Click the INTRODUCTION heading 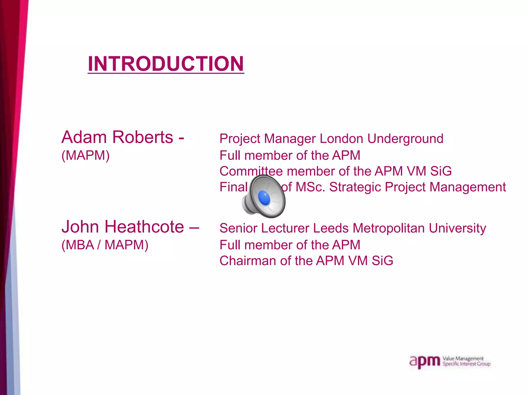(166, 64)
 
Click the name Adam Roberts (117, 137)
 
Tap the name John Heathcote (123, 227)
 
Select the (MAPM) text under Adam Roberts (85, 155)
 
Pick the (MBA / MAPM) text (105, 245)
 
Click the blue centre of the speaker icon (264, 198)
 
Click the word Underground (405, 139)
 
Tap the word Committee (251, 171)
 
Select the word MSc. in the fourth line (310, 187)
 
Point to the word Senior (238, 228)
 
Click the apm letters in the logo (425, 362)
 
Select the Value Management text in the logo (463, 358)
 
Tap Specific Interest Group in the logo (466, 364)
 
